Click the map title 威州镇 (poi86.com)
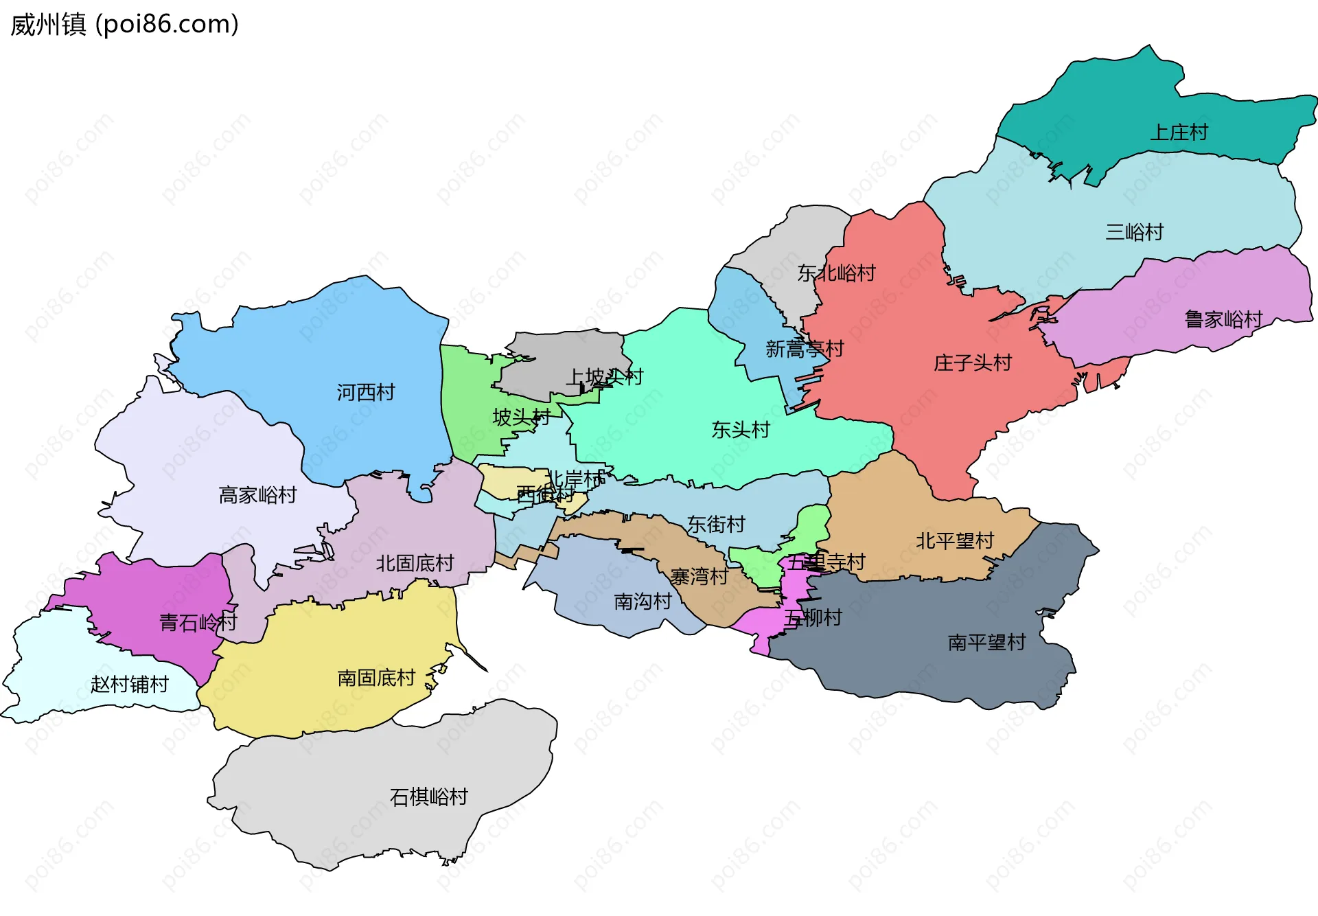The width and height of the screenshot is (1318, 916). tap(124, 24)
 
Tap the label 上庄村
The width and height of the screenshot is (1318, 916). tap(1179, 132)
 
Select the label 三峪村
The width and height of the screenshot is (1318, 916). tap(1134, 232)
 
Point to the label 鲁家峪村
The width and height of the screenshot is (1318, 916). tap(1223, 319)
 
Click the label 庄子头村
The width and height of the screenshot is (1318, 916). tap(972, 363)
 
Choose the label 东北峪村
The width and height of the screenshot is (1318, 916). tap(836, 273)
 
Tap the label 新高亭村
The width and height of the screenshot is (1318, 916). tap(804, 349)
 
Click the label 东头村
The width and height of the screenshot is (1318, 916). tap(741, 430)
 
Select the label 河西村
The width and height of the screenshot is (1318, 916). tap(366, 392)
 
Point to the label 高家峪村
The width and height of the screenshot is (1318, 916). tap(257, 494)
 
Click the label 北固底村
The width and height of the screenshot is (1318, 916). tap(415, 563)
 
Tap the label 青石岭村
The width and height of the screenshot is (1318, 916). tap(198, 622)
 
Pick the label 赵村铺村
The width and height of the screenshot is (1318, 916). tap(129, 684)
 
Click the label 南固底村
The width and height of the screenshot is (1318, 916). tap(376, 678)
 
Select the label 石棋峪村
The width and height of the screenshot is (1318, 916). tap(428, 797)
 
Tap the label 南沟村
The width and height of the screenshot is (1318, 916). tap(643, 602)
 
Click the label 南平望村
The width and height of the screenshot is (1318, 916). tap(986, 642)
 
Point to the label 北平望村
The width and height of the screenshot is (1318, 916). tap(954, 540)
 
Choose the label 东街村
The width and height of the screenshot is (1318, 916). tap(716, 524)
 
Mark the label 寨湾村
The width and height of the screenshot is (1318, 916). tap(699, 576)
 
